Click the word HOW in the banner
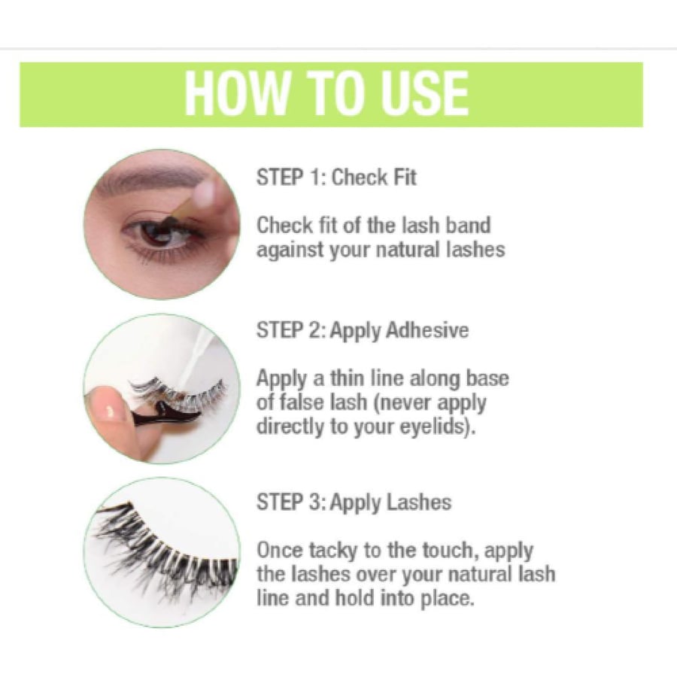(x=236, y=94)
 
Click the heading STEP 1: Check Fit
(x=336, y=178)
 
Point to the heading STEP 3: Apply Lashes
(x=354, y=503)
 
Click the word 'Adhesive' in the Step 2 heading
(x=427, y=330)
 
